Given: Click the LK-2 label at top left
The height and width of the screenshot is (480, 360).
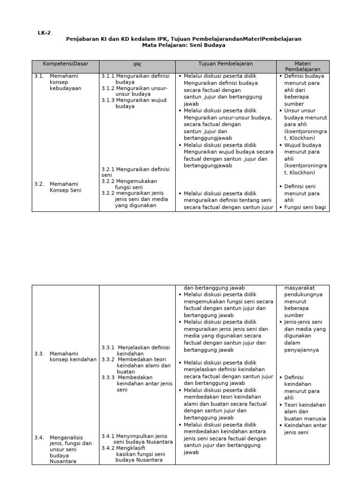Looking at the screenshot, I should pyautogui.click(x=44, y=33).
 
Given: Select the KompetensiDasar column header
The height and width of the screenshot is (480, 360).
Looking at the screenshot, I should pyautogui.click(x=65, y=64).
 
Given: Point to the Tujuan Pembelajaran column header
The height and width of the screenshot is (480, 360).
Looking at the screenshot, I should pyautogui.click(x=225, y=64).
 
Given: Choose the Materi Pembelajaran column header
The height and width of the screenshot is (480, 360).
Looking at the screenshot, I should pyautogui.click(x=302, y=66).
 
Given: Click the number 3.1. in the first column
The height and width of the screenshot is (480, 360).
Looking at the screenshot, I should pyautogui.click(x=39, y=76).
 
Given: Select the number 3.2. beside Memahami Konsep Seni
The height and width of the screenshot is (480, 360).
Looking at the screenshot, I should pyautogui.click(x=39, y=184).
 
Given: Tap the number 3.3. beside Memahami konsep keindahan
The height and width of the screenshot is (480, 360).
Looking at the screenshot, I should pyautogui.click(x=39, y=353).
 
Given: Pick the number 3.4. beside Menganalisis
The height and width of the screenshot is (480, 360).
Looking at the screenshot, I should pyautogui.click(x=39, y=437).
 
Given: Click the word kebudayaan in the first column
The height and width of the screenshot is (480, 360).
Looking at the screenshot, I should pyautogui.click(x=66, y=88).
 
